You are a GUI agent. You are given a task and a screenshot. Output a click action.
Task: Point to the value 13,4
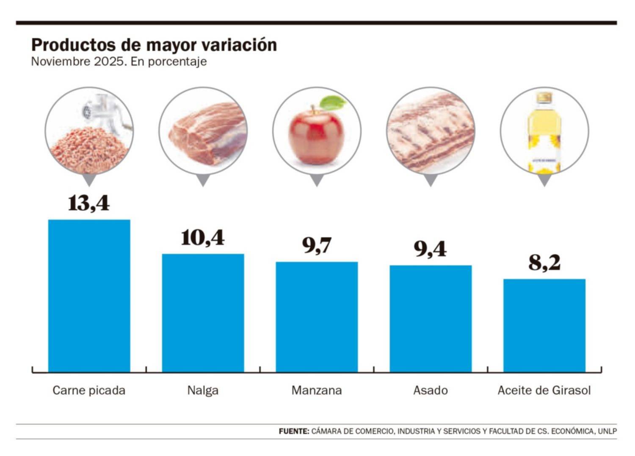pyautogui.click(x=89, y=203)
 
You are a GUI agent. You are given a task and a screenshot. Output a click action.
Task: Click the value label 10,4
pyautogui.click(x=203, y=238)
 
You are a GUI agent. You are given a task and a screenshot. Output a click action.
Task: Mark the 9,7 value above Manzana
pyautogui.click(x=317, y=246)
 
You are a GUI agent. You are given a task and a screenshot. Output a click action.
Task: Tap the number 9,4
pyautogui.click(x=430, y=249)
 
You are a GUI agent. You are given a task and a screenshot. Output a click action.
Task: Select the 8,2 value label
pyautogui.click(x=544, y=263)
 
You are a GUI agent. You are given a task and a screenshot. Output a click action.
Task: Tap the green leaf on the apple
pyautogui.click(x=333, y=103)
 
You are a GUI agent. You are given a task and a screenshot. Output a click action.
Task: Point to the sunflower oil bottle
pyautogui.click(x=544, y=133)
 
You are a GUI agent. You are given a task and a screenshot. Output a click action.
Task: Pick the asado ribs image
pyautogui.click(x=431, y=131)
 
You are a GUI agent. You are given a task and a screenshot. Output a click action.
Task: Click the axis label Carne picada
pyautogui.click(x=89, y=390)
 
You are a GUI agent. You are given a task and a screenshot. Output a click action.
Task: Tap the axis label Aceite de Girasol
pyautogui.click(x=544, y=390)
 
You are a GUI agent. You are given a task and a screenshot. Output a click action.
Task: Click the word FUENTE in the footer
pyautogui.click(x=294, y=431)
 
